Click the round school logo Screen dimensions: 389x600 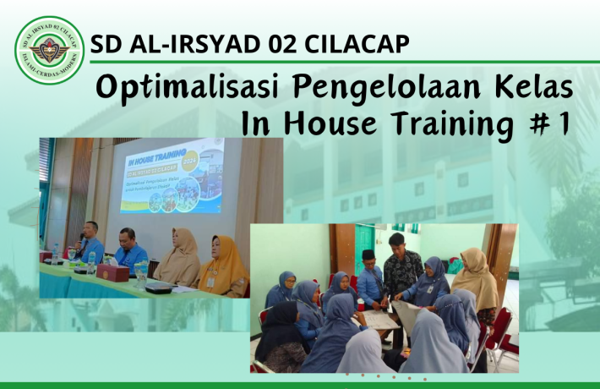tap(50, 50)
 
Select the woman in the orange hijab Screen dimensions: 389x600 tap(221, 265)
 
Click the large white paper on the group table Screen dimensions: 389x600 tap(377, 320)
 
